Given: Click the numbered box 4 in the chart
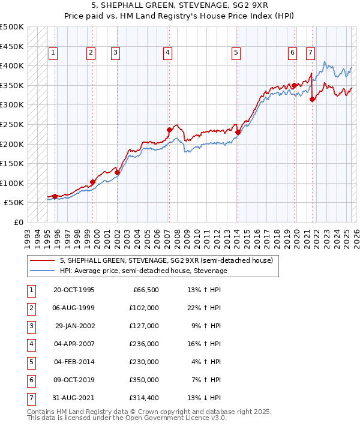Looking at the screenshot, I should pos(167,53).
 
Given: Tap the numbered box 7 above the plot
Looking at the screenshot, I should pos(310,53).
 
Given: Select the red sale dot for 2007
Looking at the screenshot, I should pos(169,130).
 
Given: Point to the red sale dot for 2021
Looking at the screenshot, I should pos(312,99).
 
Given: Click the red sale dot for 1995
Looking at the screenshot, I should pos(55,196).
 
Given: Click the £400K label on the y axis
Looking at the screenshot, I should pos(12,65).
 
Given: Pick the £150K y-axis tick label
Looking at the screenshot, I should pos(12,163).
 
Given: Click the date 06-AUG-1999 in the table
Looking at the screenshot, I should pos(74,308).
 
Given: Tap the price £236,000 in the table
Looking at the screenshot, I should pos(145,344).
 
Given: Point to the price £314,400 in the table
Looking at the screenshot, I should pos(145,398).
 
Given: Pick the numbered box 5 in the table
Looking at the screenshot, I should pos(30,362).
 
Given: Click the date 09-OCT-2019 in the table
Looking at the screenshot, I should pos(74,380).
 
